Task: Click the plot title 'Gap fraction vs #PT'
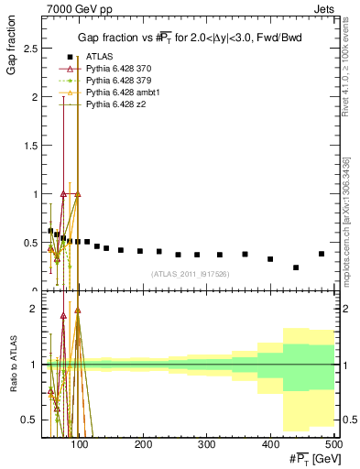tap(188, 37)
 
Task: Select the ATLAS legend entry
tap(101, 57)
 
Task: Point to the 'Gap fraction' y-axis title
tap(12, 48)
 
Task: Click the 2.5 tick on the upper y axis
tap(34, 48)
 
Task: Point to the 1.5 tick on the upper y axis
tap(34, 146)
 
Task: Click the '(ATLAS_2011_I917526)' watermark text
tap(190, 274)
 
